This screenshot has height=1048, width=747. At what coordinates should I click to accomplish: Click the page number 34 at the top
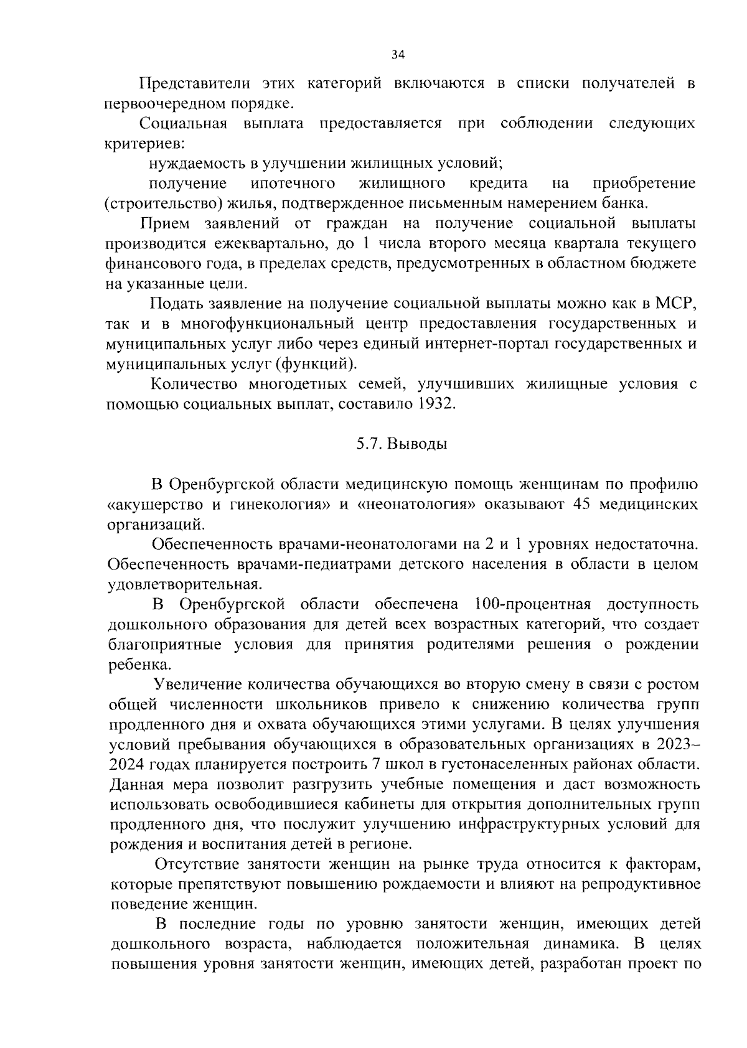(398, 55)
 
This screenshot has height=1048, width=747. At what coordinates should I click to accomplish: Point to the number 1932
(437, 404)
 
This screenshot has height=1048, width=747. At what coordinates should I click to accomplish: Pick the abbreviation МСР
(675, 304)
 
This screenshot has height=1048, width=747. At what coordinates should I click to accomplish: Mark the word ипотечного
(293, 184)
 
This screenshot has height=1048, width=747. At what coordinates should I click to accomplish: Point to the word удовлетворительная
(182, 584)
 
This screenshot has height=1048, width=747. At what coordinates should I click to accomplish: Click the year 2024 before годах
(127, 764)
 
